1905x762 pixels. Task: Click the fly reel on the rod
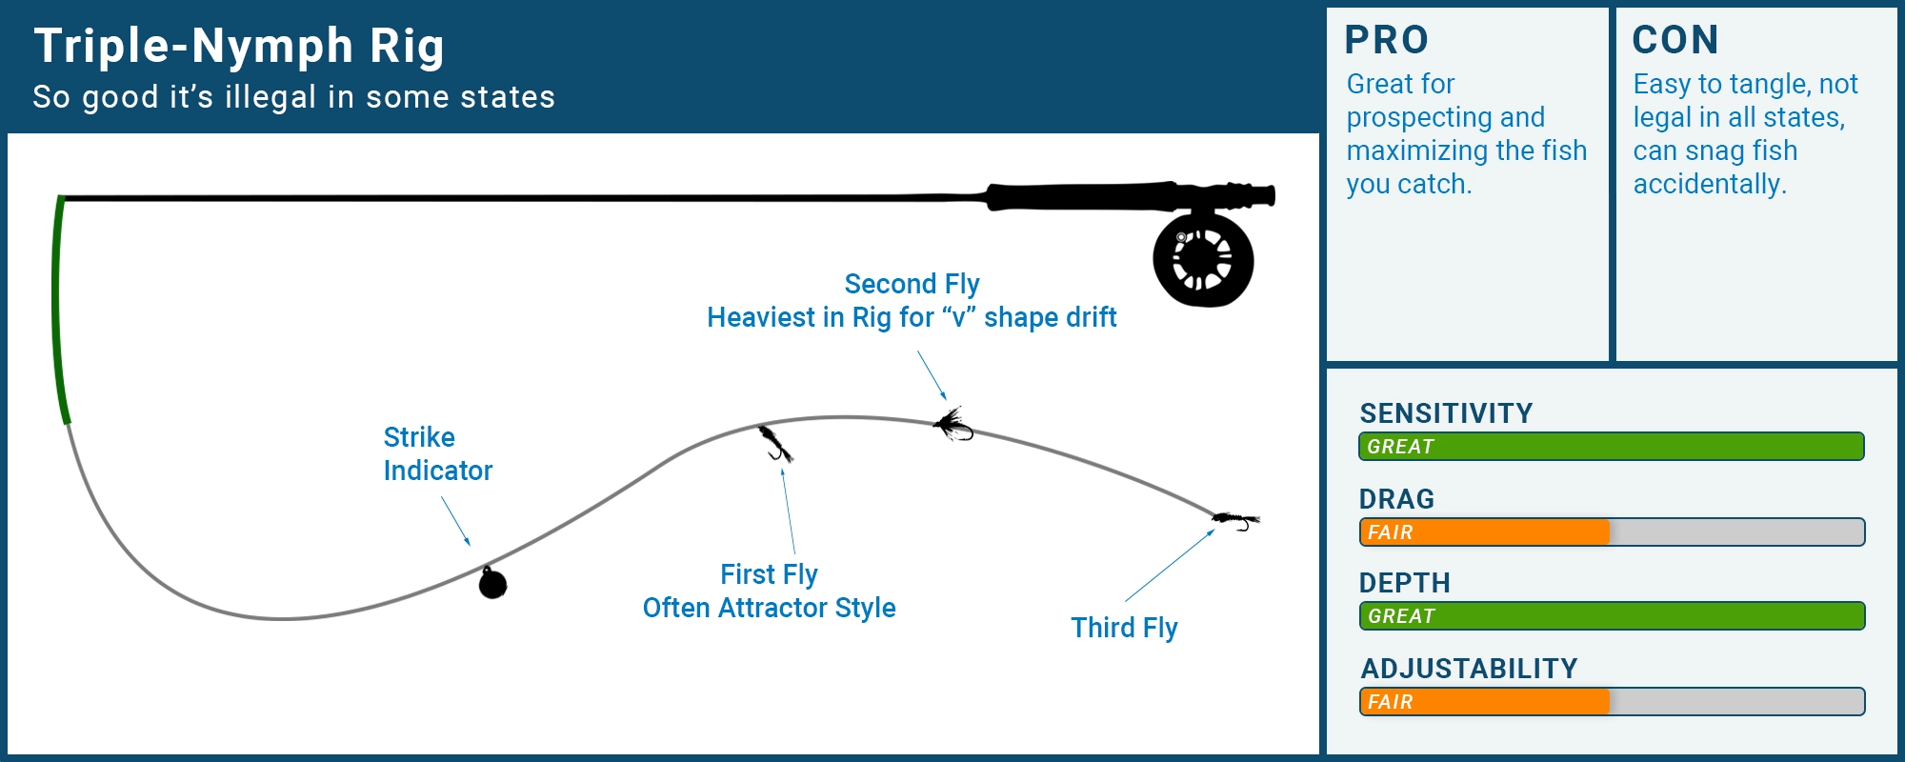(1203, 260)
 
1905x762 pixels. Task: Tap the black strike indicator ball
(492, 583)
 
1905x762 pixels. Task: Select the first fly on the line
(775, 444)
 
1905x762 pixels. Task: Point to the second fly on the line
(952, 425)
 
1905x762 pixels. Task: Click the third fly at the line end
(1236, 520)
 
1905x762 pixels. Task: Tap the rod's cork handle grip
(1086, 196)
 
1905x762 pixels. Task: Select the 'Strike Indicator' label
(437, 453)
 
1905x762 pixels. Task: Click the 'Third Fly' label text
(1124, 628)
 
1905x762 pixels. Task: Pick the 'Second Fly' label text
(912, 284)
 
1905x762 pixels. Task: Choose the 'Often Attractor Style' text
(769, 608)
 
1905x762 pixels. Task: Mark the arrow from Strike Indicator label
(455, 521)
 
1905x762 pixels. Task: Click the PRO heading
(1386, 40)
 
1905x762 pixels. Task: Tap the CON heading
(1674, 40)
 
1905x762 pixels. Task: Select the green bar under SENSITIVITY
(1611, 447)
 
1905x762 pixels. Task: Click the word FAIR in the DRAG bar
(1390, 532)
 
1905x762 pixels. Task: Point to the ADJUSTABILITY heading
(1469, 669)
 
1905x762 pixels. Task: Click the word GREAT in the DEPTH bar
(1401, 616)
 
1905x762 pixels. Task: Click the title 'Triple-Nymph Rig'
(239, 46)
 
